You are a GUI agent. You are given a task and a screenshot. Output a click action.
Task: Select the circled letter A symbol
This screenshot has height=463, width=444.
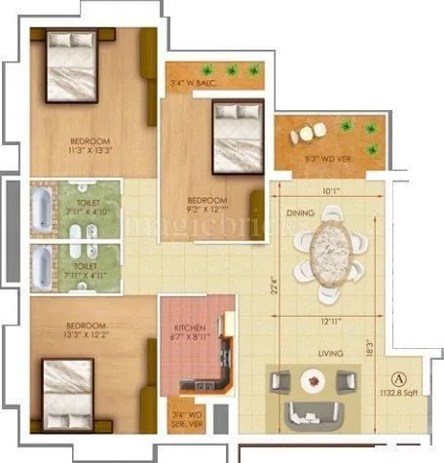point(397,379)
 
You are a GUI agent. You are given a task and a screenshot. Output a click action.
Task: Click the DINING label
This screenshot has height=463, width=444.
point(299,212)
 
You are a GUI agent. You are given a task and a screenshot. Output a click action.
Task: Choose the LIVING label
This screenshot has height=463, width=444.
point(315,355)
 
